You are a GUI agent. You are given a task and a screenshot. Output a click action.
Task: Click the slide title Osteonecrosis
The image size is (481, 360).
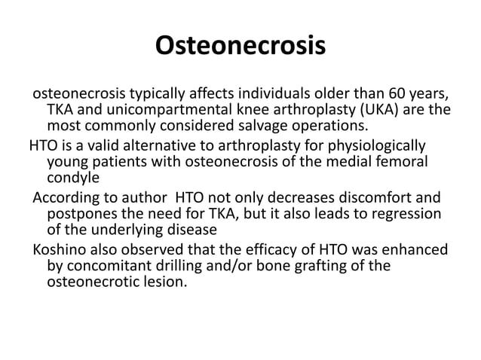tap(240, 47)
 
